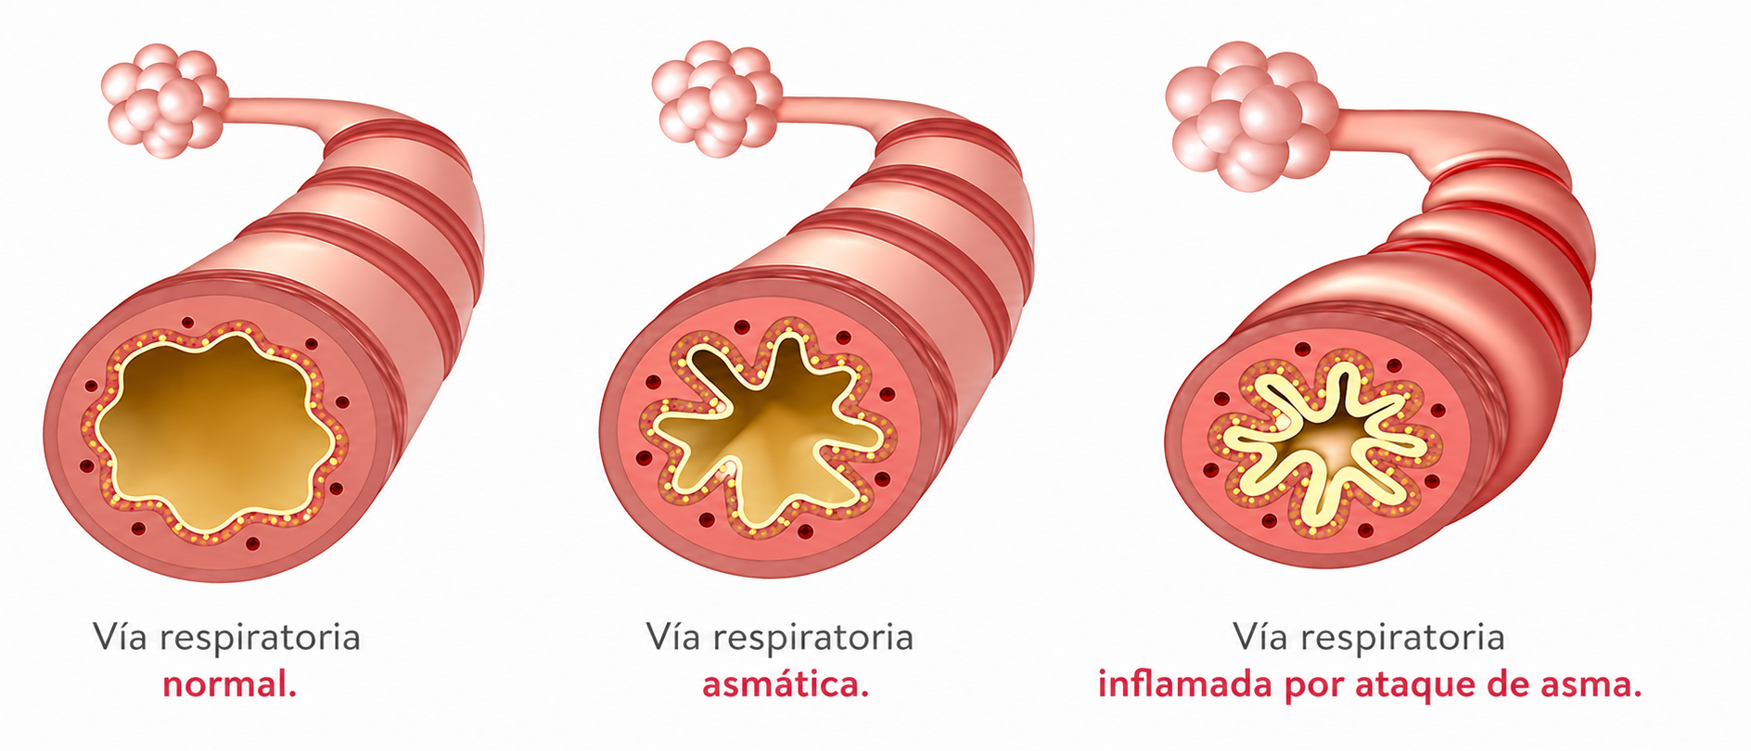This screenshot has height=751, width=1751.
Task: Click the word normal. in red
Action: pos(229,686)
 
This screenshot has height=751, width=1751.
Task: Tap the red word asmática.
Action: pos(786,685)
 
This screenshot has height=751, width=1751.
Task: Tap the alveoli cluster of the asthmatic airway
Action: pos(716,98)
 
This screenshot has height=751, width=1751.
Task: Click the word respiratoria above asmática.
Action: pos(813,639)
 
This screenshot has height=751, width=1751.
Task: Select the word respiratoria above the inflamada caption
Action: pos(1402,639)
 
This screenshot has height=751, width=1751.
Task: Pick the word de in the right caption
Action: pos(1513,685)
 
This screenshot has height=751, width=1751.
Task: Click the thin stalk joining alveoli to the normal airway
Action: pos(278,116)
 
